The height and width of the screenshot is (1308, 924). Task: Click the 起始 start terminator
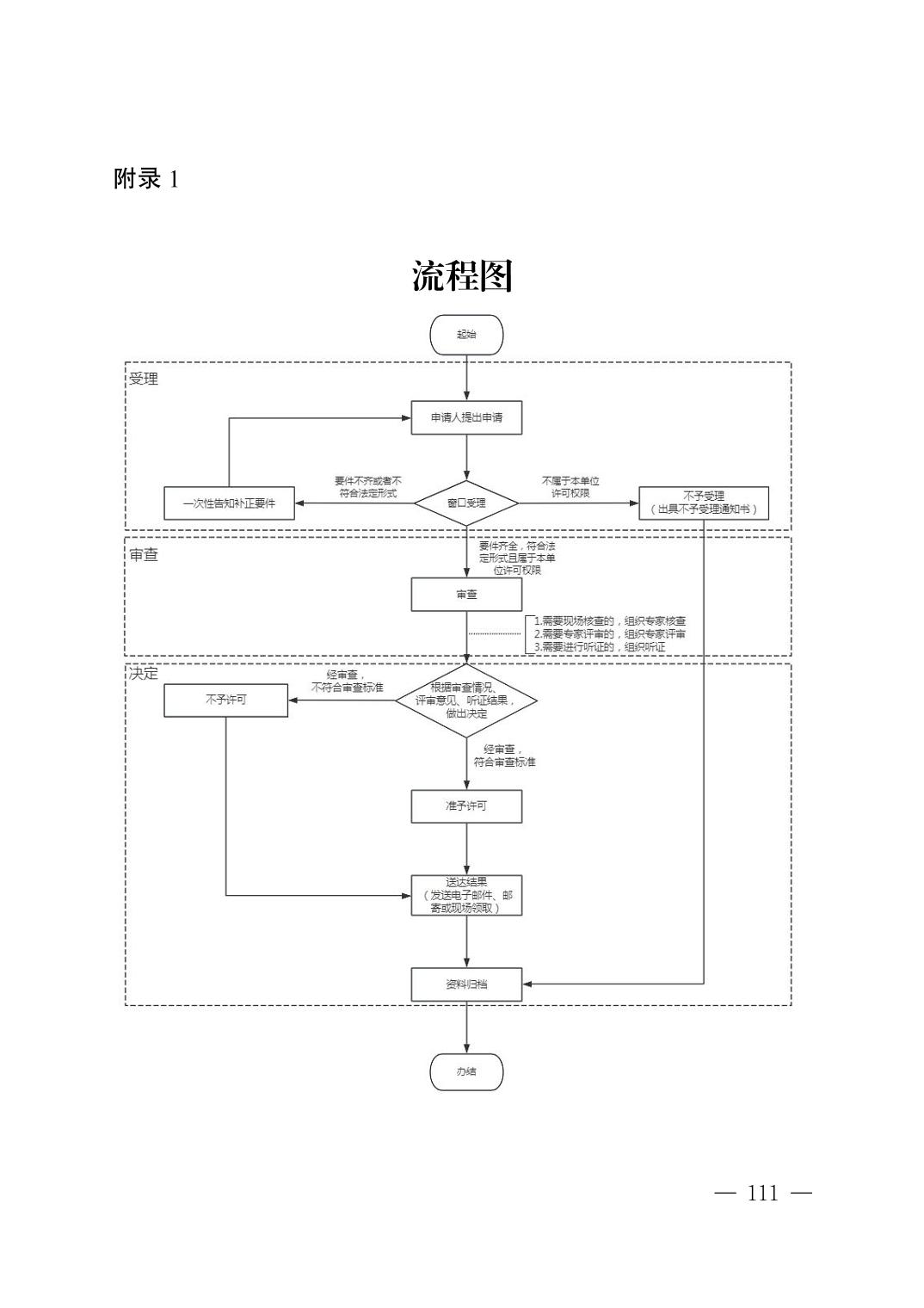pyautogui.click(x=466, y=335)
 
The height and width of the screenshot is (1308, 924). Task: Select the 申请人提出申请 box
pyautogui.click(x=466, y=417)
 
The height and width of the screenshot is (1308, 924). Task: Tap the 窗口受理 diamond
pyautogui.click(x=466, y=503)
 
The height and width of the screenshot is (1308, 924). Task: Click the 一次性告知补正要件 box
pyautogui.click(x=229, y=503)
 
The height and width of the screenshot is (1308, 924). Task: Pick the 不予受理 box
pyautogui.click(x=703, y=503)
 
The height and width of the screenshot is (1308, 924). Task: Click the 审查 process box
pyautogui.click(x=466, y=595)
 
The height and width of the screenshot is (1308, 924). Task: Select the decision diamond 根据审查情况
pyautogui.click(x=466, y=700)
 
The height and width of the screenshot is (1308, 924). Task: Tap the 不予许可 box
pyautogui.click(x=225, y=700)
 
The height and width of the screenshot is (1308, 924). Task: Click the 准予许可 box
pyautogui.click(x=466, y=806)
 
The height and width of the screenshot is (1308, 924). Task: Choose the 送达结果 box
pyautogui.click(x=466, y=895)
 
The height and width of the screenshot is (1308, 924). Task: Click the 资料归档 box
pyautogui.click(x=466, y=984)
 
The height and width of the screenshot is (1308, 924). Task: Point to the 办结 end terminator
pyautogui.click(x=466, y=1072)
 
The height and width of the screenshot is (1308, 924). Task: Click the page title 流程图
pyautogui.click(x=462, y=276)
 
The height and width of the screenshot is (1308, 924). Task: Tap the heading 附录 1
pyautogui.click(x=146, y=179)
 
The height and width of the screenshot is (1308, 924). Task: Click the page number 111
pyautogui.click(x=763, y=1193)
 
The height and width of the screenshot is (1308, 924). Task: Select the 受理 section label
pyautogui.click(x=144, y=379)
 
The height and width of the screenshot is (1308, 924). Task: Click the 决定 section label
pyautogui.click(x=144, y=673)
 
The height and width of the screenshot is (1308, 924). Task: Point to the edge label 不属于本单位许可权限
pyautogui.click(x=570, y=487)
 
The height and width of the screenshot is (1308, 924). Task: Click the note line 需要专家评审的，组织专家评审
pyautogui.click(x=610, y=634)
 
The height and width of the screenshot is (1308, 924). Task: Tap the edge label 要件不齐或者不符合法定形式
pyautogui.click(x=368, y=487)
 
